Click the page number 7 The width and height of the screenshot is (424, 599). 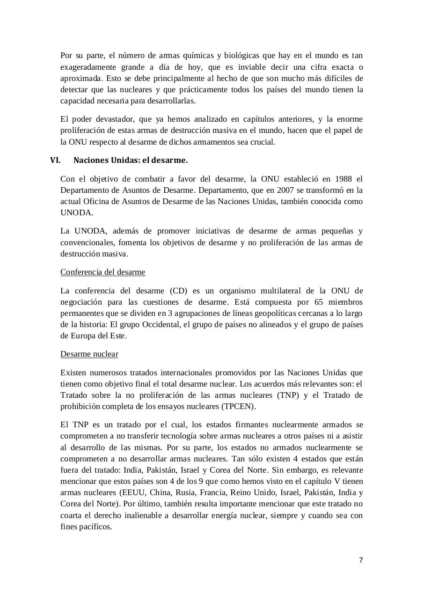coord(360,560)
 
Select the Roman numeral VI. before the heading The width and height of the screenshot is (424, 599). coord(55,160)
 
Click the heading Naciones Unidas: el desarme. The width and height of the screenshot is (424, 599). coord(131,160)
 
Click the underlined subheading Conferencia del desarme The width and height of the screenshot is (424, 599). coord(102,272)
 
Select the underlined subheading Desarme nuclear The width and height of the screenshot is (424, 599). coord(89,354)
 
